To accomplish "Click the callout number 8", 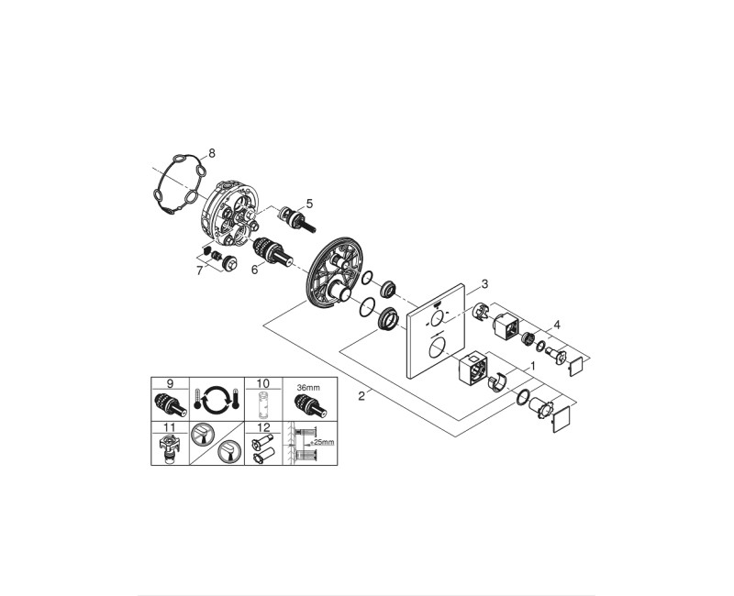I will (x=213, y=154).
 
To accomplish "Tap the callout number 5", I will (x=309, y=203).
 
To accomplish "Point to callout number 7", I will (x=199, y=270).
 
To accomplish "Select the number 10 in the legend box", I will (x=262, y=382).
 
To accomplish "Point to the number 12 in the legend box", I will (x=262, y=426).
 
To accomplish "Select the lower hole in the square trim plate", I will (x=438, y=348).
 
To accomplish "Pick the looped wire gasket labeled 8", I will (x=176, y=189).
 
